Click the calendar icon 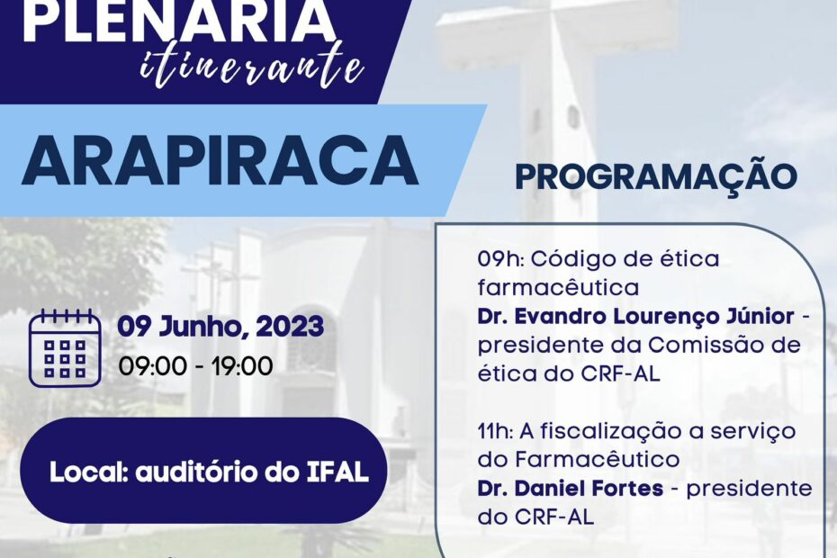[x=65, y=347]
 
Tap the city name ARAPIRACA [x=220, y=160]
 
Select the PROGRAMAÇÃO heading [x=656, y=176]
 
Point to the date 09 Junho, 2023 [x=220, y=327]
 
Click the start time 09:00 [x=153, y=366]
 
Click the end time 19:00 [x=242, y=366]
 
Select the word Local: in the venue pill [x=88, y=472]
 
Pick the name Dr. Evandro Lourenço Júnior [x=635, y=317]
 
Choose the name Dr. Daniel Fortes [x=571, y=488]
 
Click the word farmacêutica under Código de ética [x=558, y=288]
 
